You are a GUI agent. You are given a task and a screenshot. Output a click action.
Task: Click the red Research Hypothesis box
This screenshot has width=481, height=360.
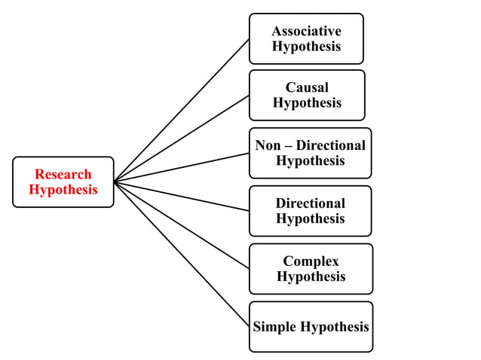[x=63, y=182]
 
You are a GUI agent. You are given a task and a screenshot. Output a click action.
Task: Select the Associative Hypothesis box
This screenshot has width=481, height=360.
[x=306, y=38]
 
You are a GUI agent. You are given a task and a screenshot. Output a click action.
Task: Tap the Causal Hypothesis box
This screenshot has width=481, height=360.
[x=307, y=95]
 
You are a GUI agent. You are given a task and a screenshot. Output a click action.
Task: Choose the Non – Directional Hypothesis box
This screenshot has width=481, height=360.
[x=310, y=153]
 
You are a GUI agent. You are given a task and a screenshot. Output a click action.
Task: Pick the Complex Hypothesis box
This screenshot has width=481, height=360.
[x=311, y=268]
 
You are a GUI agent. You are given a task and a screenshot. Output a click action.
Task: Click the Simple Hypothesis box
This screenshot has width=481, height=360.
[x=311, y=327]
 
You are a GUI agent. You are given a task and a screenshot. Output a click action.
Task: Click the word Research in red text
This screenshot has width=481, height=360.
[x=63, y=174]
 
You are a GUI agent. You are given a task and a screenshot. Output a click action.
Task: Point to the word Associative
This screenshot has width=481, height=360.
[x=306, y=31]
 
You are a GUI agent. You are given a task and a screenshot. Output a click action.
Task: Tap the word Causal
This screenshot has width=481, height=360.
[x=307, y=87]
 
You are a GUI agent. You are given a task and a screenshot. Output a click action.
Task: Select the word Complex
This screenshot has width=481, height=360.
[x=311, y=261]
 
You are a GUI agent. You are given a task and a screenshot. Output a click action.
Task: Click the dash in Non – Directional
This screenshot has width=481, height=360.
[x=287, y=145]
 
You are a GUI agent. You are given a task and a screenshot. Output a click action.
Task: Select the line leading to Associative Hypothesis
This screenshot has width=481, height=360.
[x=181, y=110]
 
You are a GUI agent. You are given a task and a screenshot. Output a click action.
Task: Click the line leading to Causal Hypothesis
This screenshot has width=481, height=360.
[x=181, y=139]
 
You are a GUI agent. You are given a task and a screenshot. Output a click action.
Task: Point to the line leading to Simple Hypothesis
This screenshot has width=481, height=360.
[x=181, y=254]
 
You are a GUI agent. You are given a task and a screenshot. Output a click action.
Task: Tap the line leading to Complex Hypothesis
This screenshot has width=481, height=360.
[x=181, y=224]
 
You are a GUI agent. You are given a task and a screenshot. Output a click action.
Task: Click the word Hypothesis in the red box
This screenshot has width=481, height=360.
[x=63, y=190]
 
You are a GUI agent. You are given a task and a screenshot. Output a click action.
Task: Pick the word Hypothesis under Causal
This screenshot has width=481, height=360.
[x=307, y=103]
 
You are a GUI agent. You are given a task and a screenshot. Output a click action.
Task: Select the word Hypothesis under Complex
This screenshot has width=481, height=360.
[x=311, y=276]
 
